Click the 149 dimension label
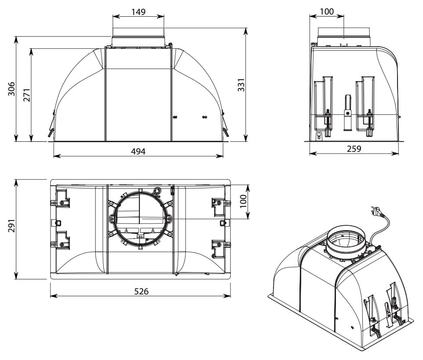click(x=139, y=11)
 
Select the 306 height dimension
click(x=11, y=89)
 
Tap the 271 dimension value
click(x=27, y=95)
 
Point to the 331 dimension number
click(x=241, y=85)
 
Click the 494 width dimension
click(x=138, y=151)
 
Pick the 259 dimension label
click(x=354, y=149)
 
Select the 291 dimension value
click(x=11, y=225)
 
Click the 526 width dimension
click(x=141, y=291)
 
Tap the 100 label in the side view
click(x=327, y=11)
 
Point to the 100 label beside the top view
click(x=243, y=201)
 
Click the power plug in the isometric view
click(x=376, y=211)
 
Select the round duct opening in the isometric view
click(x=346, y=241)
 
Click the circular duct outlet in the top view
click(x=140, y=218)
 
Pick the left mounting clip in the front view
click(x=51, y=124)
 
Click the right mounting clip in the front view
click(x=225, y=124)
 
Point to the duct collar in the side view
click(x=344, y=37)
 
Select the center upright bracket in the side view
click(x=348, y=113)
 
